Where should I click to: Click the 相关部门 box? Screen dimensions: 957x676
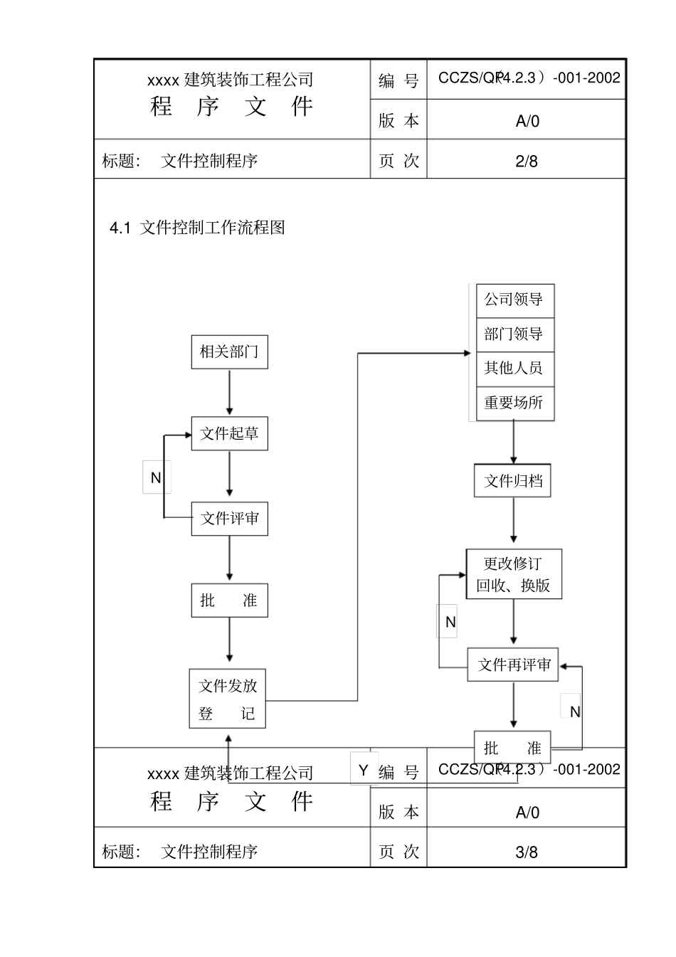pos(229,351)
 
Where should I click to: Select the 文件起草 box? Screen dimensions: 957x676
pos(229,433)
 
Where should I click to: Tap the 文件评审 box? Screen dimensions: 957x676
pos(229,519)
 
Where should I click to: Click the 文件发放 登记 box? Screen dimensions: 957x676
pos(227,699)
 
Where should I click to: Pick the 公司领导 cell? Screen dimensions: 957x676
pos(514,300)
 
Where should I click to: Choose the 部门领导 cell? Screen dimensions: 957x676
pos(514,334)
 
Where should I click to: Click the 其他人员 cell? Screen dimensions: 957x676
pos(514,368)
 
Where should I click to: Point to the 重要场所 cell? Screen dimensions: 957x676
pos(514,403)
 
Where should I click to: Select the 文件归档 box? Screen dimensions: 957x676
pos(513,481)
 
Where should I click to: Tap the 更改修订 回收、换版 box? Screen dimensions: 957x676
pos(513,574)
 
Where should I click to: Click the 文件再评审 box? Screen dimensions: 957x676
pos(513,665)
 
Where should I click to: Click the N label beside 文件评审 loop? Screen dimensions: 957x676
pos(156,478)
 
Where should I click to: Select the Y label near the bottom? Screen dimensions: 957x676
pos(364,770)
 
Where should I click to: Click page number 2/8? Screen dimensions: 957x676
pos(527,161)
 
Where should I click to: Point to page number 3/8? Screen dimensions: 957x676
pos(527,852)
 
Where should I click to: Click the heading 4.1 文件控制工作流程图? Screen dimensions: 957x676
pos(197,228)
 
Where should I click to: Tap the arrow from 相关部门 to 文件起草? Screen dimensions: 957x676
pos(229,391)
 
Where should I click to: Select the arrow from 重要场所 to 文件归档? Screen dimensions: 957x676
pos(514,442)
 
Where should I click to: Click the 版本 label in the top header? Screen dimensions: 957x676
pos(398,120)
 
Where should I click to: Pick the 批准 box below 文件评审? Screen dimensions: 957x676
pos(229,601)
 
